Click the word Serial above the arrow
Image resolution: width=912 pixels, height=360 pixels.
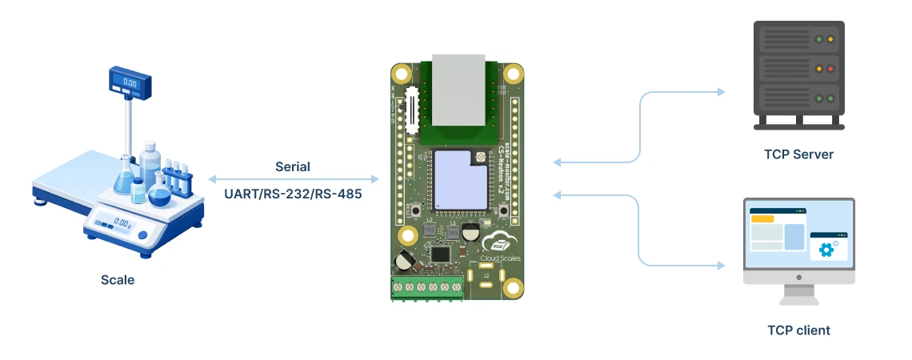[293, 167]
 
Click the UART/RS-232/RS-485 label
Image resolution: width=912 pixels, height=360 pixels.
[293, 194]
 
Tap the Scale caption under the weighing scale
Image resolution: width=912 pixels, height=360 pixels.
[118, 280]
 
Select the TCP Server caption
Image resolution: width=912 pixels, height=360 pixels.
[798, 154]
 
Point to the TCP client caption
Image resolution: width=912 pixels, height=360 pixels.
[798, 330]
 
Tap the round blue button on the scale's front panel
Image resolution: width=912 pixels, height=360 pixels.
[142, 235]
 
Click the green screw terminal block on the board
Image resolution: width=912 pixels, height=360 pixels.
[427, 287]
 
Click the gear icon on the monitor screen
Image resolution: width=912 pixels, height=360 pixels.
[826, 250]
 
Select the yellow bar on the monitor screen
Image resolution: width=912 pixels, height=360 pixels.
[762, 218]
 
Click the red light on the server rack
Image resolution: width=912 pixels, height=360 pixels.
[830, 69]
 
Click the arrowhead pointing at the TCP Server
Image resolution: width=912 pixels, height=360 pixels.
[722, 92]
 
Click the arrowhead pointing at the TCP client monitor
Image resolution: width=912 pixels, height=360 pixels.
[722, 264]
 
